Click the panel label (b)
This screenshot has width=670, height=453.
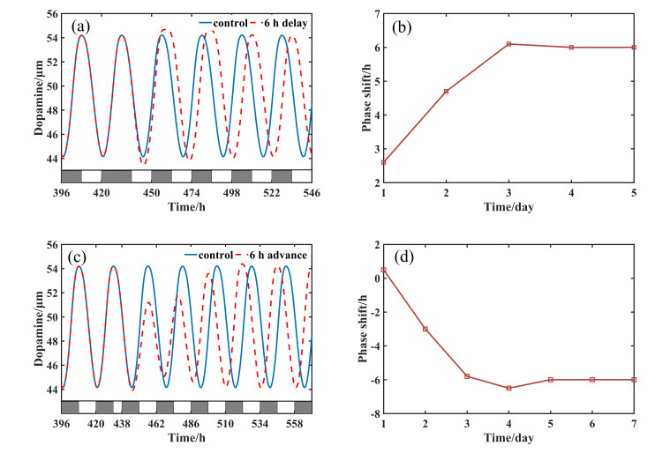coord(403,26)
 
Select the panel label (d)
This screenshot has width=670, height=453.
coord(403,256)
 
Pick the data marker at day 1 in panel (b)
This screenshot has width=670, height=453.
coord(384,162)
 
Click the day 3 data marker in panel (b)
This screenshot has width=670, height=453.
coord(509,44)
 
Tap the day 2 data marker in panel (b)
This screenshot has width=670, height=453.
coord(447,91)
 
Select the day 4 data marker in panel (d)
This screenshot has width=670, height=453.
coord(509,388)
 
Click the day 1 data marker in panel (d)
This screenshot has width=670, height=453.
coord(384,270)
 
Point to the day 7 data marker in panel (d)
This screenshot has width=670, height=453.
coord(635,380)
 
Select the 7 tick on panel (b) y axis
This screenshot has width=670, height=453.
coord(374,14)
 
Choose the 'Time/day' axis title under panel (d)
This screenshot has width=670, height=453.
coord(509,437)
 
